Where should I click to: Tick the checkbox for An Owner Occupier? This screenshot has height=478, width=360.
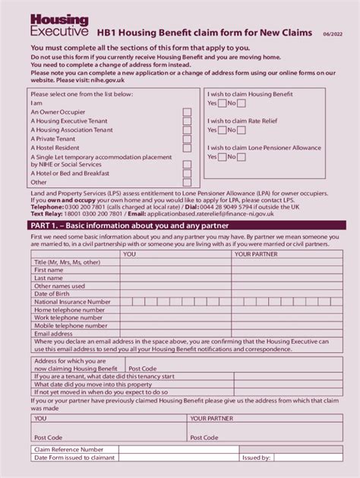(x=187, y=112)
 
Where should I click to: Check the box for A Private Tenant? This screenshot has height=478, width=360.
(x=187, y=139)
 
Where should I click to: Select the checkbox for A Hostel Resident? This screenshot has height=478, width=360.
(x=187, y=148)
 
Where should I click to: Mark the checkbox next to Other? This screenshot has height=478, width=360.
(x=187, y=182)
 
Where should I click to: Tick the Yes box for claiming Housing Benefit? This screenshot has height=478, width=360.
(x=223, y=103)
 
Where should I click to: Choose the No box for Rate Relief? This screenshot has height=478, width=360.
(x=242, y=130)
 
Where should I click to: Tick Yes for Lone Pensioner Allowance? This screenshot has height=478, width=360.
(x=223, y=157)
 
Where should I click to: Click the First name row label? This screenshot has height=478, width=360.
(x=49, y=270)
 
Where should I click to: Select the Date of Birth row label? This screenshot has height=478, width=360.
(x=52, y=294)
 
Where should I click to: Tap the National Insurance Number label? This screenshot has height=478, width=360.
(x=72, y=302)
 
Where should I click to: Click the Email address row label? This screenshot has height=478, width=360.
(x=53, y=333)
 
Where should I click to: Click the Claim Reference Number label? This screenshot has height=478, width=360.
(x=69, y=449)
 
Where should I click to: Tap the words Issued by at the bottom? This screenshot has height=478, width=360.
(x=256, y=458)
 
